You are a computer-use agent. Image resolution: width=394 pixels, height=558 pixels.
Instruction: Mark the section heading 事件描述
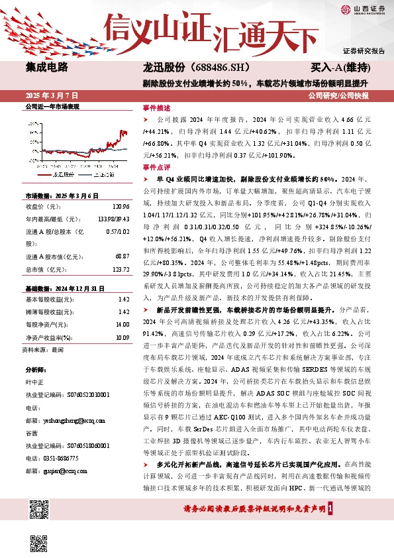click(156, 107)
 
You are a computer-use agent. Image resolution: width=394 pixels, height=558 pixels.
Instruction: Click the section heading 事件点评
click(156, 167)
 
